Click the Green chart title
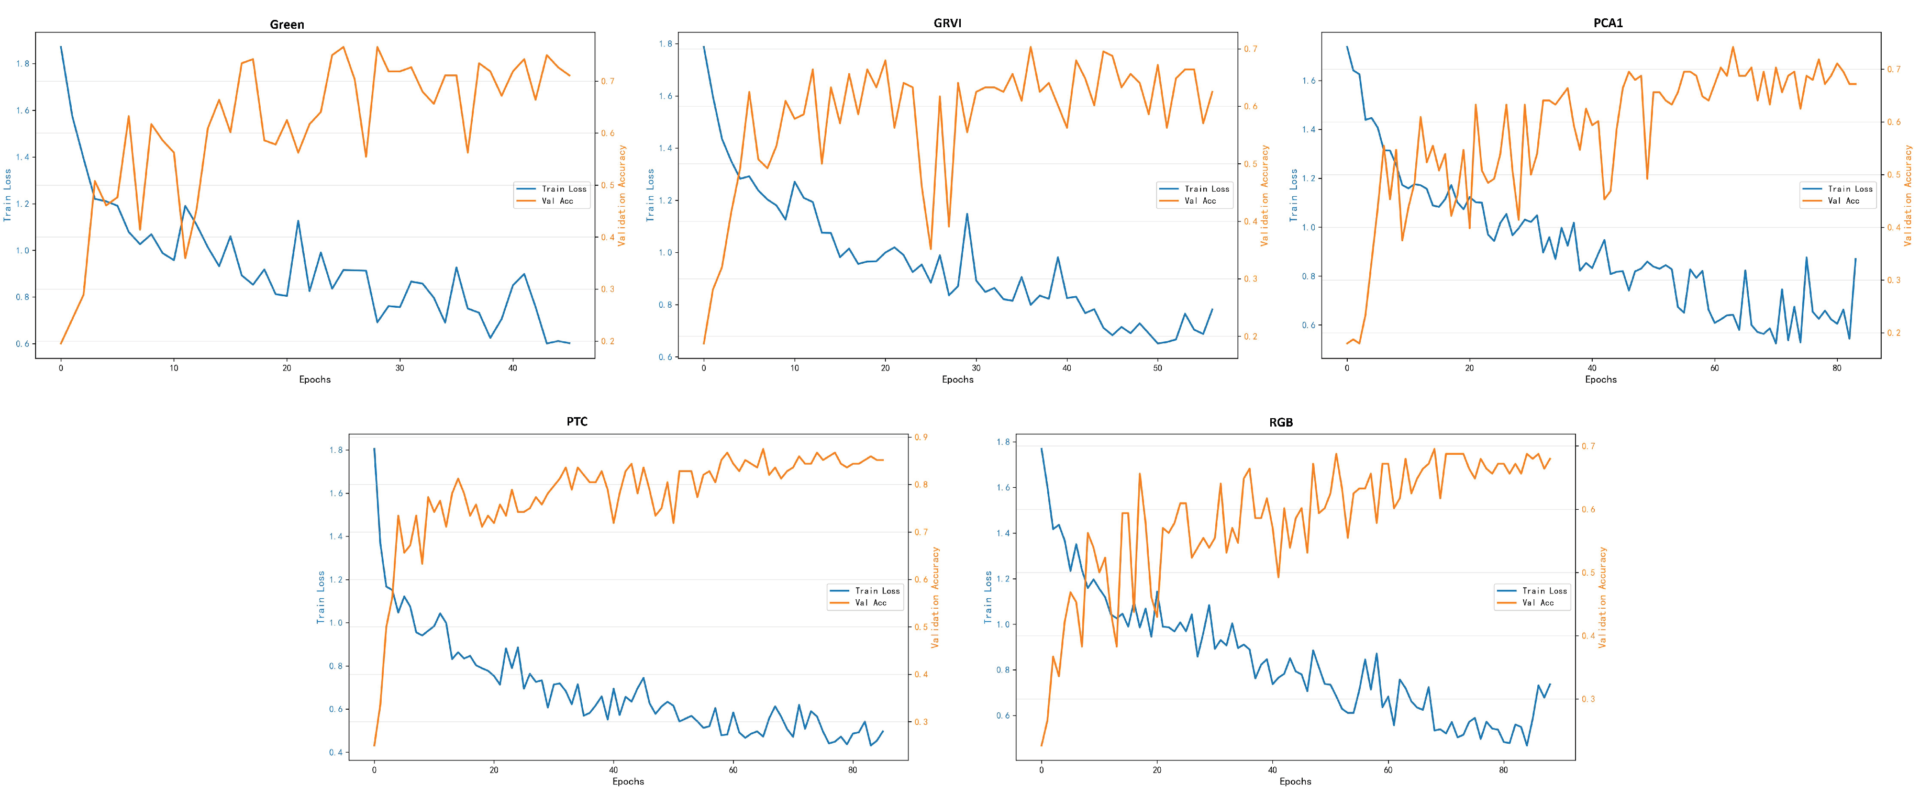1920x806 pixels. [x=286, y=25]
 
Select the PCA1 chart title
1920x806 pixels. [x=1608, y=23]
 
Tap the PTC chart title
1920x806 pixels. [x=577, y=422]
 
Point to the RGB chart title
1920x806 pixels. [x=1281, y=422]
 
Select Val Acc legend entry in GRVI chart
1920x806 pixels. [x=1200, y=201]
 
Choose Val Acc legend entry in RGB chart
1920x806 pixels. [x=1538, y=602]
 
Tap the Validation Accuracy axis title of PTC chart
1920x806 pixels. [x=936, y=597]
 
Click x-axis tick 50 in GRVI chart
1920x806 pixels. [x=1158, y=368]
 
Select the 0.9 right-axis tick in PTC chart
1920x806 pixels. [x=921, y=437]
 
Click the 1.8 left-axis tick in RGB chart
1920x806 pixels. [x=1003, y=442]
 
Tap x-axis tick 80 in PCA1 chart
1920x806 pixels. [x=1837, y=368]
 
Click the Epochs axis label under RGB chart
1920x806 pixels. [x=1295, y=781]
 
